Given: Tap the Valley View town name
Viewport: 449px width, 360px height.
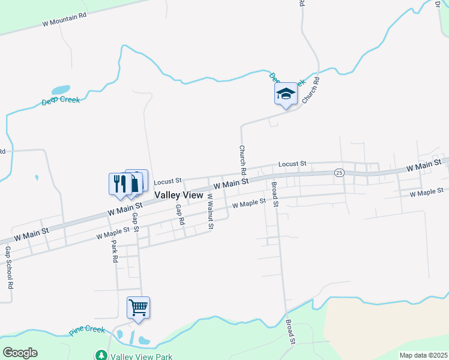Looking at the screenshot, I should point(179,196).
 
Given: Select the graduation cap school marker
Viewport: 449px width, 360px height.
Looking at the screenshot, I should point(286,94).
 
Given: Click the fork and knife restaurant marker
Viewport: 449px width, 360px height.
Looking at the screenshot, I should point(119,184).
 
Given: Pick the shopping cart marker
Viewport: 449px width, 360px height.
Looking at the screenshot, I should point(138,308).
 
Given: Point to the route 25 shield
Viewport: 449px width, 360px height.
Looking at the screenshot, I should point(339,173).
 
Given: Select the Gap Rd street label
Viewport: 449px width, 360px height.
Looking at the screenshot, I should point(179,215).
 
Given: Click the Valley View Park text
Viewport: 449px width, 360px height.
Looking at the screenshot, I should point(142,356).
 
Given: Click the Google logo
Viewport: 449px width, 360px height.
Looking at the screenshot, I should point(20,353).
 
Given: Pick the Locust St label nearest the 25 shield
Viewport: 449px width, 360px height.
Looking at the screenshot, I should point(292,163).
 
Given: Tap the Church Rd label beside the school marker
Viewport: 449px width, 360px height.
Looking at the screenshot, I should point(310,91).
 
